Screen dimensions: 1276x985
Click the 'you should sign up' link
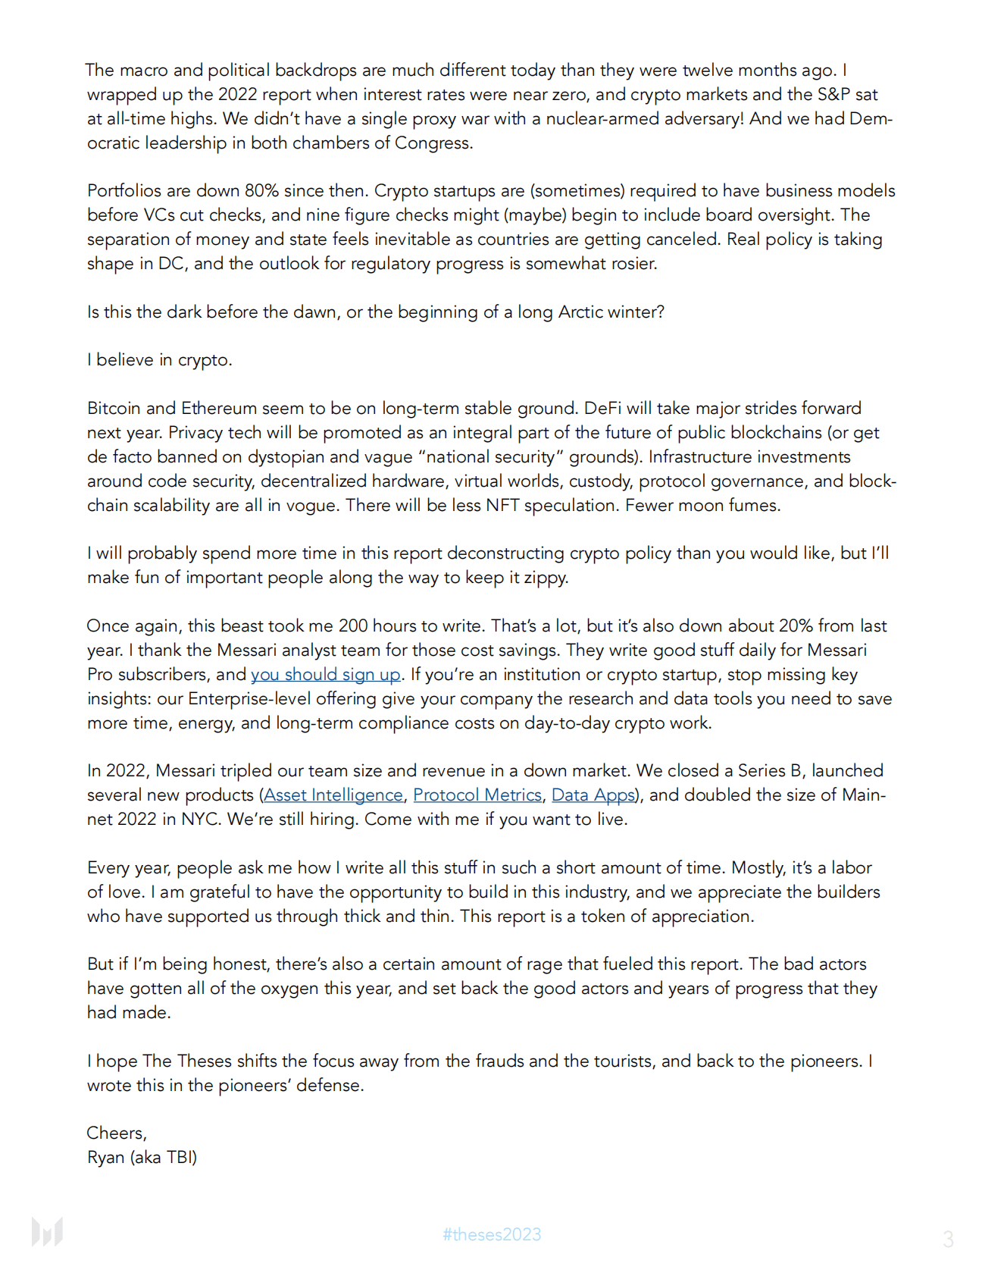[326, 674]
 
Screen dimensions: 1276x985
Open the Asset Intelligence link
[333, 795]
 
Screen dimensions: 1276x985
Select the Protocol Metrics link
[477, 795]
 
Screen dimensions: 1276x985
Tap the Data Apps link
[593, 795]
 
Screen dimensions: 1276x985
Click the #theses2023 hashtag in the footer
[492, 1234]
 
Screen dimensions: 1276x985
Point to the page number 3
[948, 1239]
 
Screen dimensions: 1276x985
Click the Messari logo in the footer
[47, 1232]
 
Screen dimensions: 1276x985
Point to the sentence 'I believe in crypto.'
[160, 359]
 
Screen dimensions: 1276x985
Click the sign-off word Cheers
[116, 1133]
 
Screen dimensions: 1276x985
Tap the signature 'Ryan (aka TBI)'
[142, 1157]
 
